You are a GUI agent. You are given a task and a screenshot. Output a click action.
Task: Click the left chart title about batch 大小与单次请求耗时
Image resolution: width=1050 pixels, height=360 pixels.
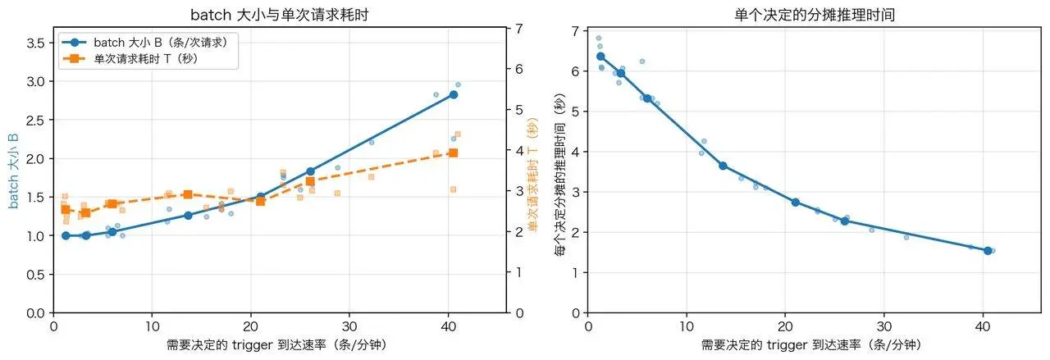click(x=280, y=15)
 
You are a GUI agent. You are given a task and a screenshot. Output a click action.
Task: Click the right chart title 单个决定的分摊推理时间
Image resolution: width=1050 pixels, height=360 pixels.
click(x=815, y=15)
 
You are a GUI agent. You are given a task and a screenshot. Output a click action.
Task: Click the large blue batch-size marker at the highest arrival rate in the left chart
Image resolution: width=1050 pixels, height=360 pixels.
click(x=454, y=94)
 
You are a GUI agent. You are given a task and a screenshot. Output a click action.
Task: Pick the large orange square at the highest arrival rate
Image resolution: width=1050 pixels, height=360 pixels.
click(x=454, y=153)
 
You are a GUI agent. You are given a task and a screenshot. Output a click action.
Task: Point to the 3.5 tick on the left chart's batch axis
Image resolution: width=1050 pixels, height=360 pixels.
click(x=35, y=43)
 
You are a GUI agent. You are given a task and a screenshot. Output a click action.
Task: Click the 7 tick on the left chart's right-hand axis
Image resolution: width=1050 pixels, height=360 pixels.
click(x=519, y=29)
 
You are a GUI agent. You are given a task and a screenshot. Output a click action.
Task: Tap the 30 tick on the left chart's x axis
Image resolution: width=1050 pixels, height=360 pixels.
click(x=349, y=326)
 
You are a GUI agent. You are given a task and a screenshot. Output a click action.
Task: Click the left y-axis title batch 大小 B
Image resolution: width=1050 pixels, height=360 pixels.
click(x=13, y=171)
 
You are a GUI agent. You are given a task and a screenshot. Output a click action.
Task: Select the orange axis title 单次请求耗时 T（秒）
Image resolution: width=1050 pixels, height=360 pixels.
click(x=532, y=175)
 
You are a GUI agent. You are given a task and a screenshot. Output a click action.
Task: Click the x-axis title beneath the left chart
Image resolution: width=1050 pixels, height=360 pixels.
click(x=277, y=345)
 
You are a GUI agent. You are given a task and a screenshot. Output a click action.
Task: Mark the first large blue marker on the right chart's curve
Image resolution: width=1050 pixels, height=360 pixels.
click(x=600, y=57)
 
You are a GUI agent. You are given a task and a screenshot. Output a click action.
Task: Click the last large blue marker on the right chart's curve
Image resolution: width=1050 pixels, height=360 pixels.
click(x=988, y=251)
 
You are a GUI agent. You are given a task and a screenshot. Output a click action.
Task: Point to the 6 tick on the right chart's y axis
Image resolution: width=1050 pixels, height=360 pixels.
click(x=575, y=71)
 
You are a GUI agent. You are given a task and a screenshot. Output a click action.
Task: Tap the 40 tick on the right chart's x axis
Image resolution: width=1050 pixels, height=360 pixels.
click(x=983, y=326)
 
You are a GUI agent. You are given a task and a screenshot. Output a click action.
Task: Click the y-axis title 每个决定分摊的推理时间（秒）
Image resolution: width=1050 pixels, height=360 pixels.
click(x=559, y=175)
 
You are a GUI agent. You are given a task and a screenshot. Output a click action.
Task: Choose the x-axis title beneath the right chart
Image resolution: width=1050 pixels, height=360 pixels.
click(x=811, y=345)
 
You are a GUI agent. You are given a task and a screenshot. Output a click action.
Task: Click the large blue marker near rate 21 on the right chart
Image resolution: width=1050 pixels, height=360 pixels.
click(x=796, y=202)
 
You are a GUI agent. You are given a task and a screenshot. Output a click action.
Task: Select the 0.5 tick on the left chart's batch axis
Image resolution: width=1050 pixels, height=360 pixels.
click(x=35, y=274)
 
